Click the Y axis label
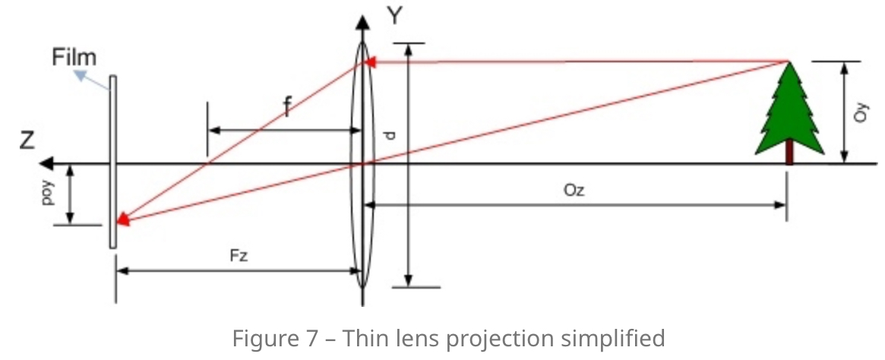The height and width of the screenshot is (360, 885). (394, 17)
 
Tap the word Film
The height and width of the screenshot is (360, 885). (74, 57)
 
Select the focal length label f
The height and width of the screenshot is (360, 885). (286, 109)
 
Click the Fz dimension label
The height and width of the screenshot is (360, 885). (239, 256)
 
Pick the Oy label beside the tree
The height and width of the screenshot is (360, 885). (860, 113)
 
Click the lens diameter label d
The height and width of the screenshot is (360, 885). (389, 135)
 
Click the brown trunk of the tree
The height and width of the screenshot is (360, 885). (789, 152)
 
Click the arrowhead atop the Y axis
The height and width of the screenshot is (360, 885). (363, 21)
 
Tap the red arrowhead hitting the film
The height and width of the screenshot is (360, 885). (121, 221)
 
